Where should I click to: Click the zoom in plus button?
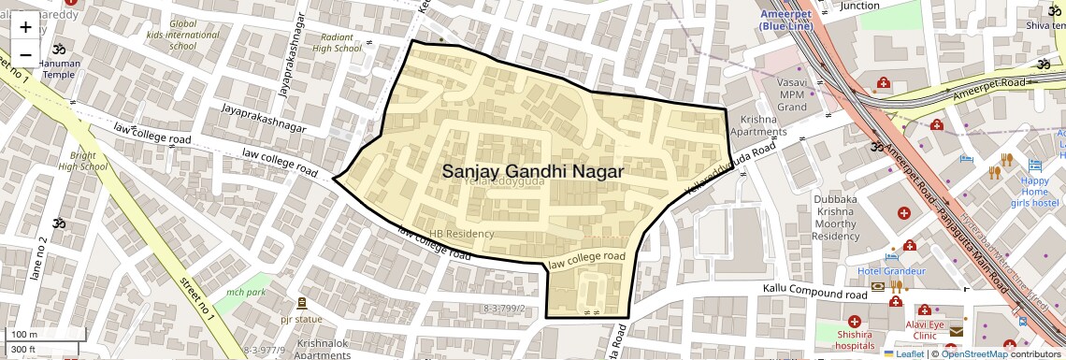[x=25, y=27]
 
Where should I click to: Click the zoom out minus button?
[x=25, y=55]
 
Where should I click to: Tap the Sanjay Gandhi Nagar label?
[x=532, y=171]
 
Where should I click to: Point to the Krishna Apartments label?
[x=764, y=126]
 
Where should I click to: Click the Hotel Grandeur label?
[x=891, y=271]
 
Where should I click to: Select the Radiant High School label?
[x=335, y=43]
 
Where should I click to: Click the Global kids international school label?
[x=182, y=35]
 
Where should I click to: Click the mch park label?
[x=246, y=293]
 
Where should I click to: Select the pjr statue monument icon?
[x=300, y=303]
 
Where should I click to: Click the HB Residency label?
[x=461, y=233]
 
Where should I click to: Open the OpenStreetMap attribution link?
[x=974, y=353]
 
